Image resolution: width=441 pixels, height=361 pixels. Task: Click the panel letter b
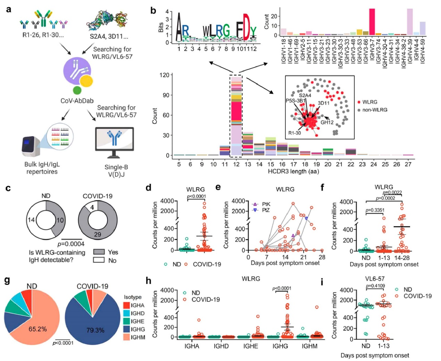tap(153, 10)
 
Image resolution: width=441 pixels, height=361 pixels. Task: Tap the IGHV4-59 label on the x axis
tap(423, 51)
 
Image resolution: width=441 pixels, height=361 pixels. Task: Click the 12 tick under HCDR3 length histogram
tap(236, 164)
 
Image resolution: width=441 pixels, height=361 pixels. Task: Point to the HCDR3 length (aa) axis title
tap(293, 171)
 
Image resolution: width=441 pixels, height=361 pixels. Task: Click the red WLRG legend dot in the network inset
tap(359, 102)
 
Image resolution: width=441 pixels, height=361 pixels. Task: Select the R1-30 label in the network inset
tap(294, 133)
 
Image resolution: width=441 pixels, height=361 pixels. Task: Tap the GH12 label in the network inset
tap(327, 122)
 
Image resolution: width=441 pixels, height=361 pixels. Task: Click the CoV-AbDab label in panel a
tap(77, 101)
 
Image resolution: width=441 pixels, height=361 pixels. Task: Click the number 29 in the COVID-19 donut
tap(98, 235)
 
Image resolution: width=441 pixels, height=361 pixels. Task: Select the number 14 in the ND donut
tap(31, 219)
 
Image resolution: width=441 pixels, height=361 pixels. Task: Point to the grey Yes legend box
tap(99, 252)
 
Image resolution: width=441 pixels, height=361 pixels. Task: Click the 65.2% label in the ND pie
tap(38, 329)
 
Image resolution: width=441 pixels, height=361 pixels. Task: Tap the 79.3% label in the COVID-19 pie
tap(95, 330)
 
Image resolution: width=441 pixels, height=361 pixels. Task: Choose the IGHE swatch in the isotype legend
tap(126, 321)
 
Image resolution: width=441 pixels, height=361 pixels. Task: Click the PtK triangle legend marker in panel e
tap(255, 204)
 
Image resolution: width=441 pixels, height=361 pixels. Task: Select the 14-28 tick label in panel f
tap(402, 258)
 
